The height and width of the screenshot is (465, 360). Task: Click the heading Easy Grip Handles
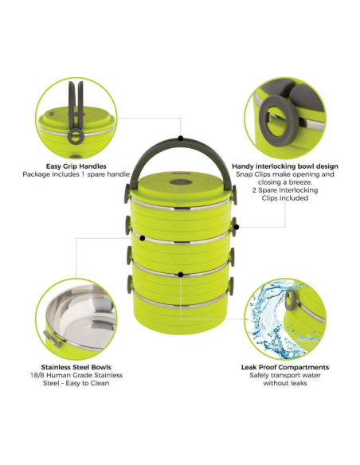[76, 166]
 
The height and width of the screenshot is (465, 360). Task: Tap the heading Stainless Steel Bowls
[76, 367]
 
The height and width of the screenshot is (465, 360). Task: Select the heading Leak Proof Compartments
[285, 367]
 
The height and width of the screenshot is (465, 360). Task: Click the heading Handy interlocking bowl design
[285, 166]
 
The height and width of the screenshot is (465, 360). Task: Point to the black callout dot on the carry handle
[181, 139]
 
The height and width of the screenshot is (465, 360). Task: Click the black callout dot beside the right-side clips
[237, 227]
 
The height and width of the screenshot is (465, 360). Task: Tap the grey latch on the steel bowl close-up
[53, 338]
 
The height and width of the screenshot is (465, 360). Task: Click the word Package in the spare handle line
[36, 174]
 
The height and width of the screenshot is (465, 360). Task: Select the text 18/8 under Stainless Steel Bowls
[37, 375]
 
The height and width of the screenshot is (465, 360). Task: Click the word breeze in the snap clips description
[298, 182]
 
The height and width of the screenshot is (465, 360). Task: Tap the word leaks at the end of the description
[297, 383]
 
